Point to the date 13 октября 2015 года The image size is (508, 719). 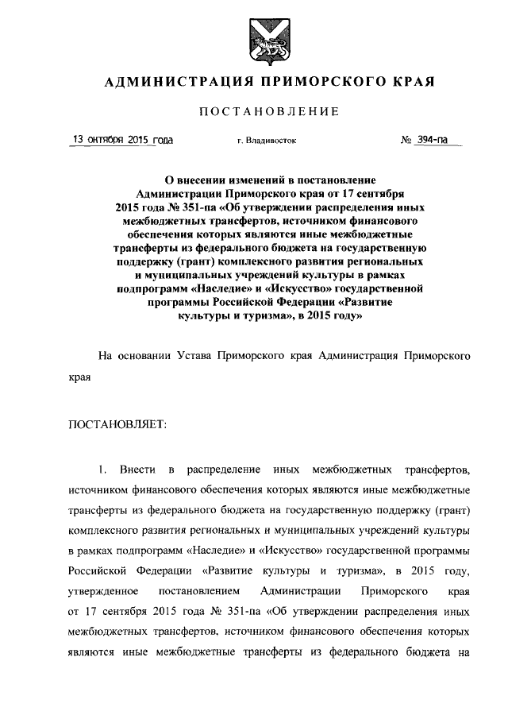point(123,141)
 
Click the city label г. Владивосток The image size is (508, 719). point(267,141)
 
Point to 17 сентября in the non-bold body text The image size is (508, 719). point(110,613)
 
